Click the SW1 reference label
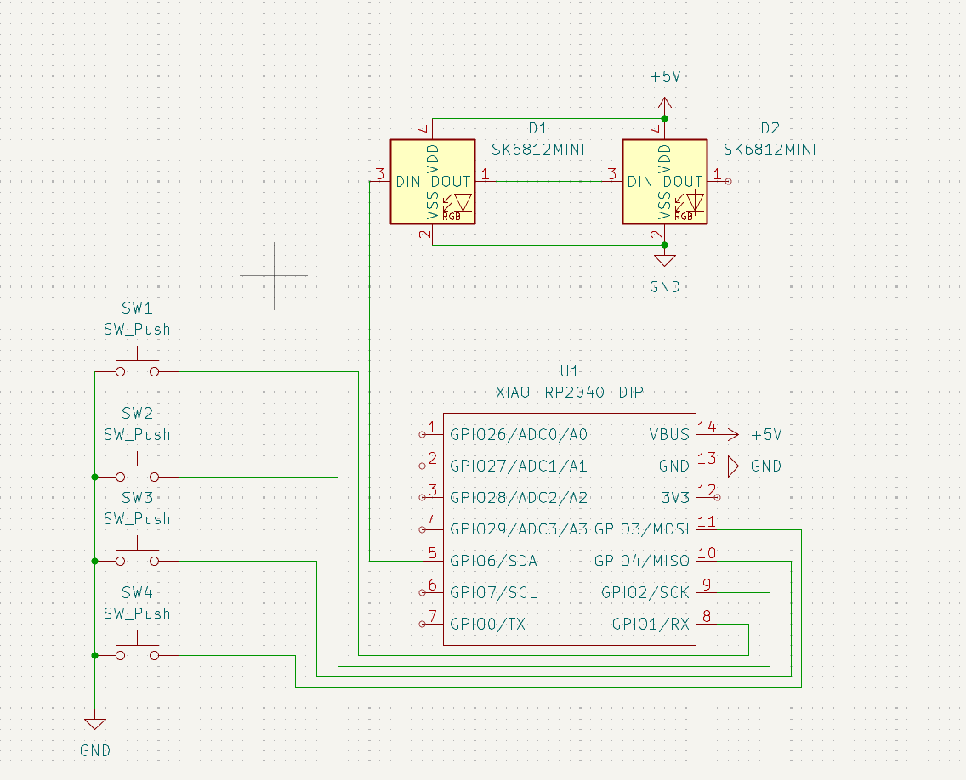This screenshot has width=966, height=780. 137,308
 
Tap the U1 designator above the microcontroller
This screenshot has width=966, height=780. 569,371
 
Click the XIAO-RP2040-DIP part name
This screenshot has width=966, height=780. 569,393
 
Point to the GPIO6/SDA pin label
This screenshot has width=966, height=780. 493,561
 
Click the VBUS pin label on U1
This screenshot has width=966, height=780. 669,434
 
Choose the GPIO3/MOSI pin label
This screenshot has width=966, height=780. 641,529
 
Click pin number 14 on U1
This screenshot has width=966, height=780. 706,427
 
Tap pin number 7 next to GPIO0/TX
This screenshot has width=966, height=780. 432,616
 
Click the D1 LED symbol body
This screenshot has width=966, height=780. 432,182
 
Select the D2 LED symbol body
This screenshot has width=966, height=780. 664,182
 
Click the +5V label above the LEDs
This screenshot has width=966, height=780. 665,76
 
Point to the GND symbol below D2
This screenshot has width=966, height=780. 664,262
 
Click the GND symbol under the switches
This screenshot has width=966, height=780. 95,725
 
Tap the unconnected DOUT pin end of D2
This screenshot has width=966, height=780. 727,182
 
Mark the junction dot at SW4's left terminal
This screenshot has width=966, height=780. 95,655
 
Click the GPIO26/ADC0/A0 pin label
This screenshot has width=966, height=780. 519,434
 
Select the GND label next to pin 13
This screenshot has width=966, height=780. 765,466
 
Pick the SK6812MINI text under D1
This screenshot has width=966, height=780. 537,150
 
